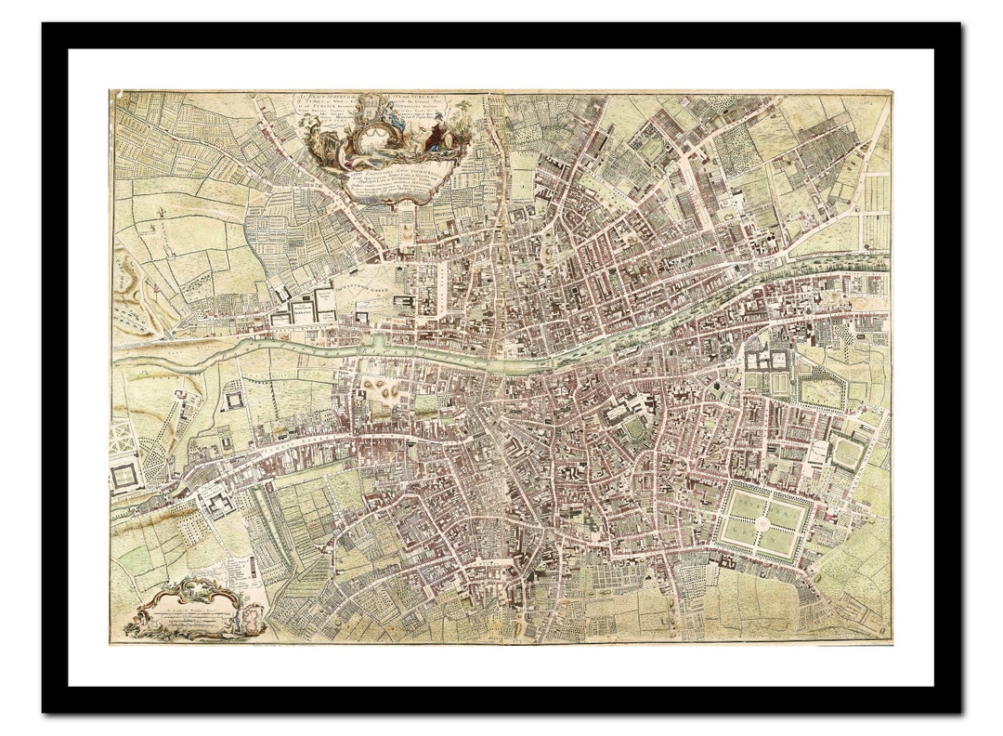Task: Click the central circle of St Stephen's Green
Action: click(762, 523)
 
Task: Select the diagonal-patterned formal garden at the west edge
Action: click(123, 438)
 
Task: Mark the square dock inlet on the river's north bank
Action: click(377, 341)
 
